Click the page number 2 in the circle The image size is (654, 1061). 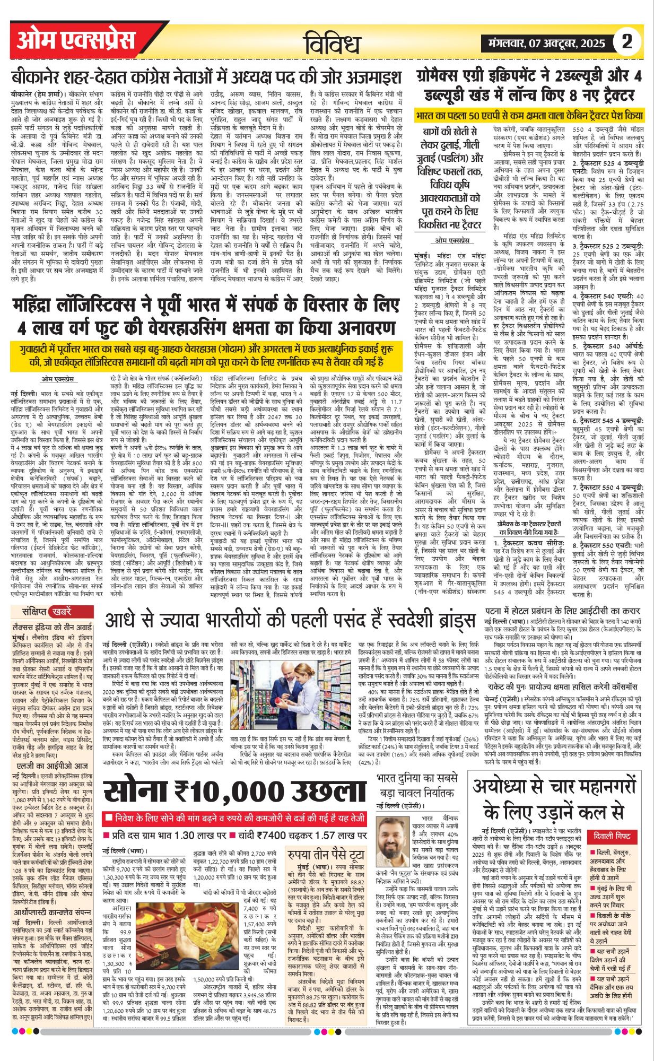pyautogui.click(x=627, y=41)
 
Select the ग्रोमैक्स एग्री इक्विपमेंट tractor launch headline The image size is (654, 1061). pyautogui.click(x=529, y=85)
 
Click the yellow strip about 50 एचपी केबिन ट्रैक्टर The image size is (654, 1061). pyautogui.click(x=529, y=115)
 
